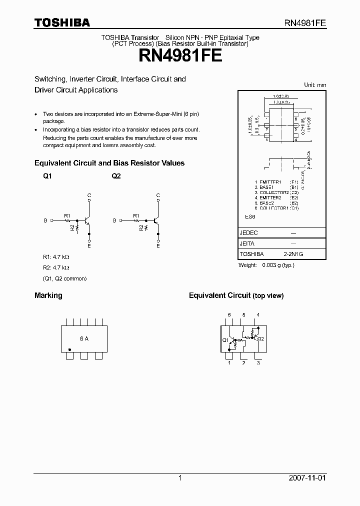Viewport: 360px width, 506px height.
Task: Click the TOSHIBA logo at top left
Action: point(62,22)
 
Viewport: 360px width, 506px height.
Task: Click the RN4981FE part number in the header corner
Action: point(305,23)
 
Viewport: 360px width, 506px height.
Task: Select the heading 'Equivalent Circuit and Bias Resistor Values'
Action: point(109,163)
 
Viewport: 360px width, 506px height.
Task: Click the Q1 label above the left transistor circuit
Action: point(47,176)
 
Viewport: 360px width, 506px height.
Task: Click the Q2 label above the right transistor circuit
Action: point(116,176)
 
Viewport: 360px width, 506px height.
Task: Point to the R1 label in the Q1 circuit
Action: point(67,215)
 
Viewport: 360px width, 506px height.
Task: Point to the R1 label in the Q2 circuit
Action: point(136,215)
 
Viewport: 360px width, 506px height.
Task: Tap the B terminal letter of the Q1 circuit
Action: point(45,220)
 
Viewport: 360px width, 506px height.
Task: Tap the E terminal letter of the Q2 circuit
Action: point(158,245)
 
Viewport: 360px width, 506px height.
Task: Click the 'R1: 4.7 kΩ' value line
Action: point(55,257)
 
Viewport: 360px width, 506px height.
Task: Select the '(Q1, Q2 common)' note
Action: point(64,278)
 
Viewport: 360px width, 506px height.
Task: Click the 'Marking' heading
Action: point(48,295)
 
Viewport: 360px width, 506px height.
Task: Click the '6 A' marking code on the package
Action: point(84,338)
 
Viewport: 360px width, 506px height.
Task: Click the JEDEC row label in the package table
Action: point(249,233)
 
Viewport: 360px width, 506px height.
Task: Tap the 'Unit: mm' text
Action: point(315,85)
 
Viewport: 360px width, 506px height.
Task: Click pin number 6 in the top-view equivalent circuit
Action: point(229,314)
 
